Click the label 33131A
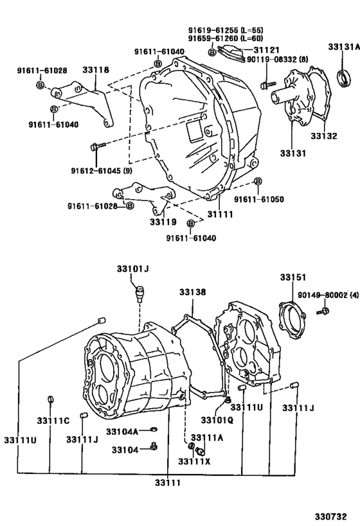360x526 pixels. (x=342, y=46)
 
